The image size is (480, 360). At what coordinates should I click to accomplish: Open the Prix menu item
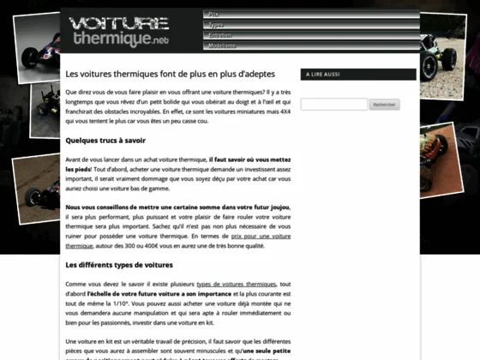tap(214, 15)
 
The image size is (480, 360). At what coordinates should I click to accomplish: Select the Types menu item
tap(215, 25)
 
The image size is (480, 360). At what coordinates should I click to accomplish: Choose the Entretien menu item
tap(220, 35)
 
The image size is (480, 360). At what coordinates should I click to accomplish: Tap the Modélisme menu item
tap(223, 45)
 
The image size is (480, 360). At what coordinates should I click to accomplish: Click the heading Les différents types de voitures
tap(119, 264)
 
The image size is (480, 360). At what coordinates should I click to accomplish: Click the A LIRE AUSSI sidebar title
tap(321, 75)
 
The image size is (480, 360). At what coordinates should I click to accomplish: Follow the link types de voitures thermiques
tap(237, 283)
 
